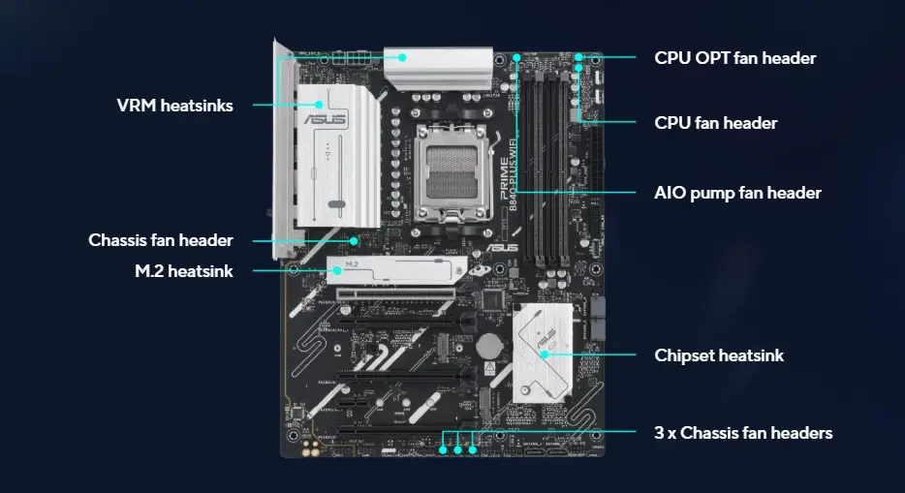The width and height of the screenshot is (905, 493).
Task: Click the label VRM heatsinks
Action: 174,106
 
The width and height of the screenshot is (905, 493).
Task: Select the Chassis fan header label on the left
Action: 161,239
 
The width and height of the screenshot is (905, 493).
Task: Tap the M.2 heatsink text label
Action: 184,271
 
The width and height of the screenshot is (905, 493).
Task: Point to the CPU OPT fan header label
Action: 735,58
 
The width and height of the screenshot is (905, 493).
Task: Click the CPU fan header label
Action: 716,123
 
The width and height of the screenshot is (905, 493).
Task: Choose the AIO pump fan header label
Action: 738,193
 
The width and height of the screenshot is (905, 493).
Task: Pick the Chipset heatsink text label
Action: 719,355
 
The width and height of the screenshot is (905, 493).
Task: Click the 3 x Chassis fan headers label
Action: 743,433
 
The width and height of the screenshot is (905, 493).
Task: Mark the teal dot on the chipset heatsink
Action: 545,355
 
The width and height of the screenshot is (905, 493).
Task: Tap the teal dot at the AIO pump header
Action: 516,58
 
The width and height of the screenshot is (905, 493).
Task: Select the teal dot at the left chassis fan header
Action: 356,239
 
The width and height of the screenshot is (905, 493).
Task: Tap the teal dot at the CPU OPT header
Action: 578,58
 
